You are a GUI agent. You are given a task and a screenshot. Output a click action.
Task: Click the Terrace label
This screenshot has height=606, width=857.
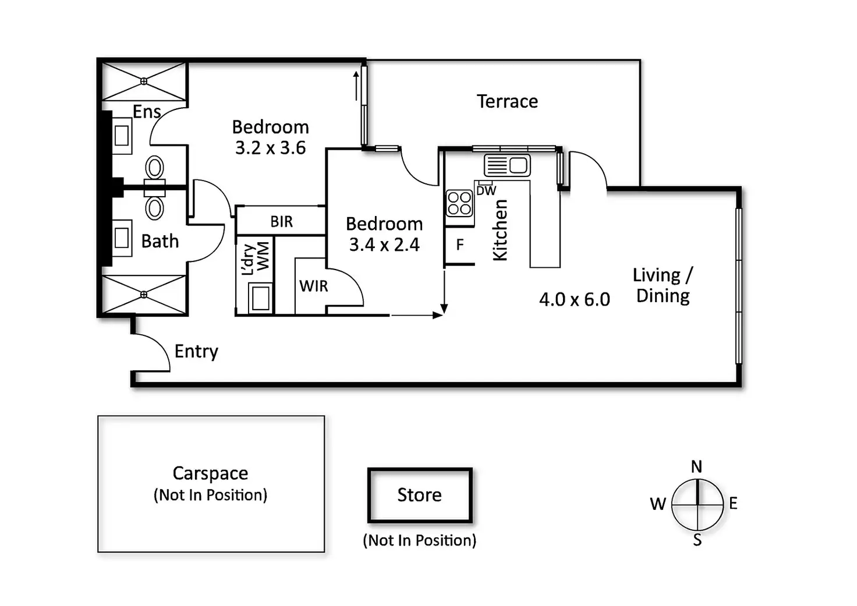pyautogui.click(x=507, y=101)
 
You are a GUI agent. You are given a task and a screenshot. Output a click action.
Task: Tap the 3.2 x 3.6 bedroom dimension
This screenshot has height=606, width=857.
pyautogui.click(x=270, y=148)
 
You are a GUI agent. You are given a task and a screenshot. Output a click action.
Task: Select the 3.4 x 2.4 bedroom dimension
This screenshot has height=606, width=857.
pyautogui.click(x=384, y=244)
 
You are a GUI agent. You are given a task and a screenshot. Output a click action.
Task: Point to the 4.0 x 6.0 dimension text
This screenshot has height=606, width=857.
pyautogui.click(x=574, y=299)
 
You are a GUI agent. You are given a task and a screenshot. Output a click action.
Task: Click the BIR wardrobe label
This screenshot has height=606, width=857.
pyautogui.click(x=282, y=222)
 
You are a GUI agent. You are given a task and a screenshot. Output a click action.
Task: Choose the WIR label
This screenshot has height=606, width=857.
pyautogui.click(x=314, y=286)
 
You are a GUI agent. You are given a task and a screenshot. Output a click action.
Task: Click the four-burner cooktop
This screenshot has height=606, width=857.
pyautogui.click(x=459, y=203)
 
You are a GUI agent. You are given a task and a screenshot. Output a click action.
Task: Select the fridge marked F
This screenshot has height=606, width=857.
pyautogui.click(x=459, y=245)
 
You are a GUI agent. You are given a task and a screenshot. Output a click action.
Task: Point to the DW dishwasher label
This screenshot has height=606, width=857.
pyautogui.click(x=486, y=190)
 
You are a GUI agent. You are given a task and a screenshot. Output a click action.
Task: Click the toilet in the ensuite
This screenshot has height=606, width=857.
pyautogui.click(x=154, y=168)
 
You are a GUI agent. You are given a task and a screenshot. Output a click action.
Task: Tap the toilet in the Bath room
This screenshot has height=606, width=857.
pyautogui.click(x=154, y=207)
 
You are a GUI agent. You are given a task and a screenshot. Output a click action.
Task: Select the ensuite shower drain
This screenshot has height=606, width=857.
pyautogui.click(x=144, y=81)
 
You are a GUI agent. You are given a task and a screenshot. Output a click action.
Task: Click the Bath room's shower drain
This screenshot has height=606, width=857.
pyautogui.click(x=144, y=295)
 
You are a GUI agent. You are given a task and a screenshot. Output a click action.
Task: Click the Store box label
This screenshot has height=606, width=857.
pyautogui.click(x=419, y=495)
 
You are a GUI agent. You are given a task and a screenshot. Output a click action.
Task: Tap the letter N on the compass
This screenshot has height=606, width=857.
pyautogui.click(x=696, y=466)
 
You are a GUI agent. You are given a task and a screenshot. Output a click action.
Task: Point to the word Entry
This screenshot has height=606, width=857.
pyautogui.click(x=196, y=351)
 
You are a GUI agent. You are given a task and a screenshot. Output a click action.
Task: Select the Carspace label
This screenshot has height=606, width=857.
pyautogui.click(x=210, y=473)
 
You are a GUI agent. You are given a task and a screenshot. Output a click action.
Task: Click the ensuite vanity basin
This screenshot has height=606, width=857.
pyautogui.click(x=122, y=136)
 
